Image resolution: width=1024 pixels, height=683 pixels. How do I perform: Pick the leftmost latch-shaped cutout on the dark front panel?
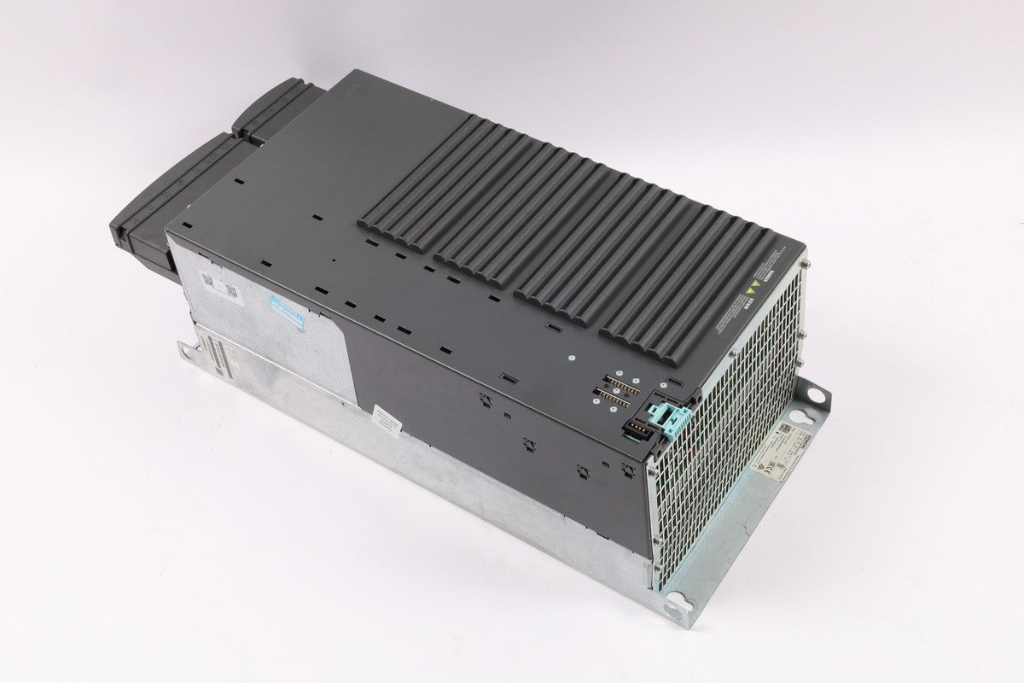click(486, 397)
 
